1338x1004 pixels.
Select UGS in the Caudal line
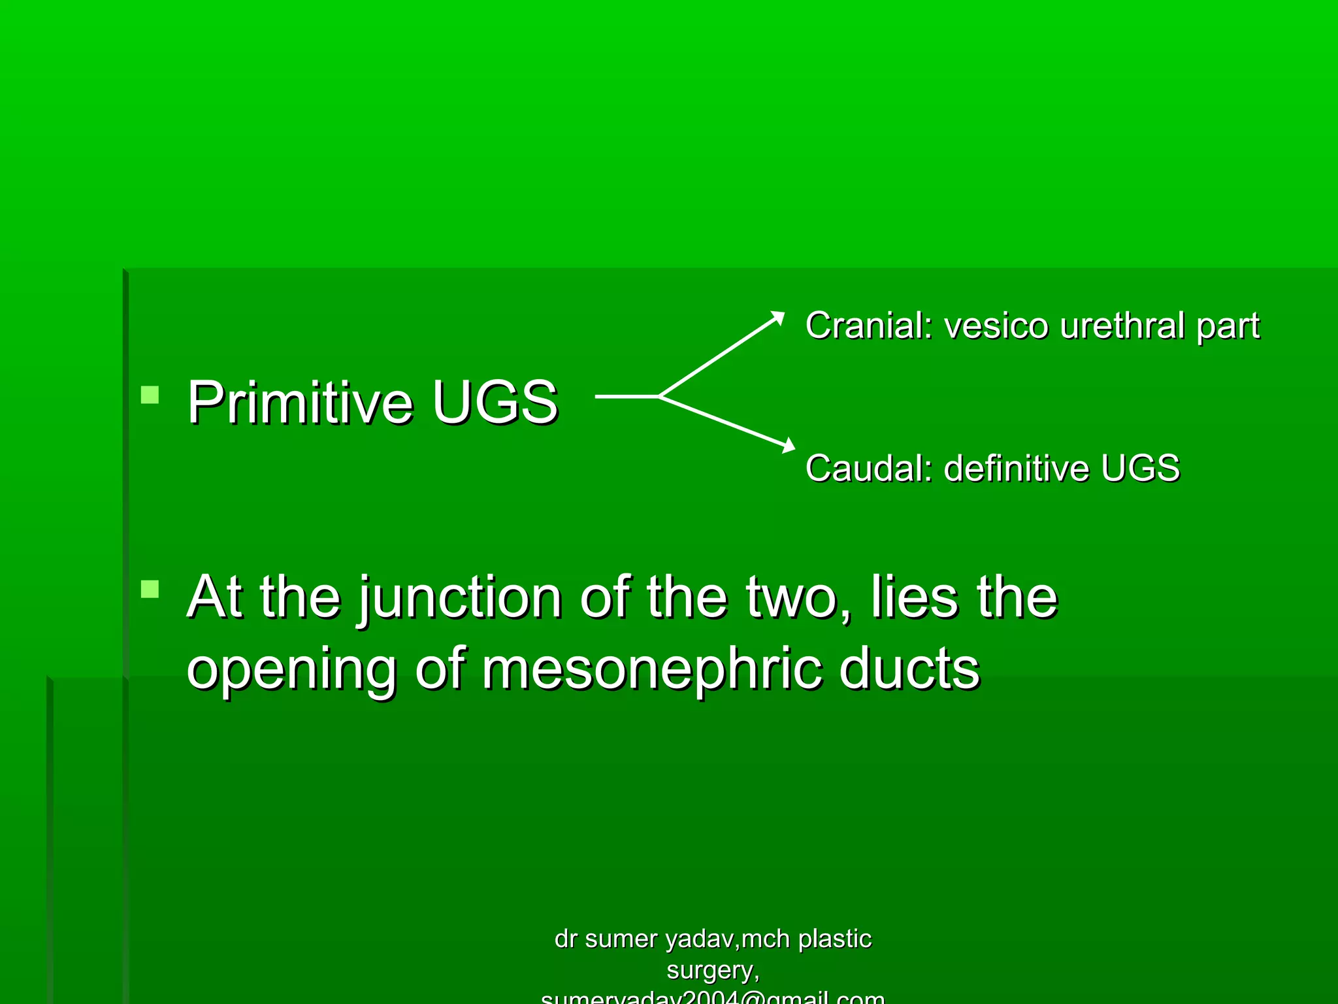(1140, 468)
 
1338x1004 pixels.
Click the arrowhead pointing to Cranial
(777, 317)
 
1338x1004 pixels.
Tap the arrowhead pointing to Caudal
(789, 446)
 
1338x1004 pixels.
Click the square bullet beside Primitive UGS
(150, 395)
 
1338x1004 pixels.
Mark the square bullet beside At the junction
(150, 589)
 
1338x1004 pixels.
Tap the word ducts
(909, 669)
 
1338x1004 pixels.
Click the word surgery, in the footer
(713, 971)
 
